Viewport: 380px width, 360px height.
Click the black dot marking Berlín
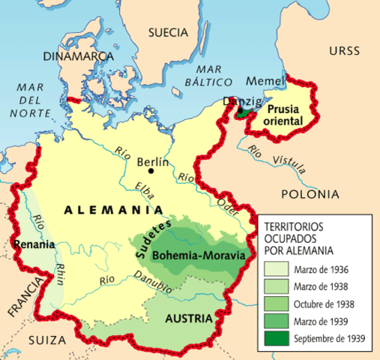point(151,170)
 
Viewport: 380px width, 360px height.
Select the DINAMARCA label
point(72,55)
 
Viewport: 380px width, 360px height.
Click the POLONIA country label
point(310,194)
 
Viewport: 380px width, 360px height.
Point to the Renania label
point(34,244)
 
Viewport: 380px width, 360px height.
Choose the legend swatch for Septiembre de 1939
point(275,338)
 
